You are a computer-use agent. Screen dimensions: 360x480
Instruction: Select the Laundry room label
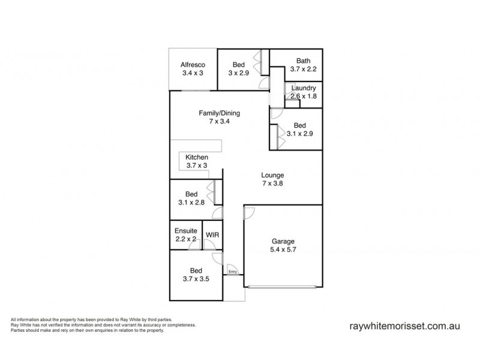coord(303,88)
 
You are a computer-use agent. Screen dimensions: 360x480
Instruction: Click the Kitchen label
coord(196,157)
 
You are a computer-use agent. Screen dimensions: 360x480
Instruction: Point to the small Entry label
coord(232,272)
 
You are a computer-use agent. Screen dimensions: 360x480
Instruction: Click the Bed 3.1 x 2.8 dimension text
coord(192,203)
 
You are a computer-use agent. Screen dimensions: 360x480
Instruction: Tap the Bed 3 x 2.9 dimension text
coord(239,73)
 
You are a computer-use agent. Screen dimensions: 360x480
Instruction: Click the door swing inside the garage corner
coord(250,212)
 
